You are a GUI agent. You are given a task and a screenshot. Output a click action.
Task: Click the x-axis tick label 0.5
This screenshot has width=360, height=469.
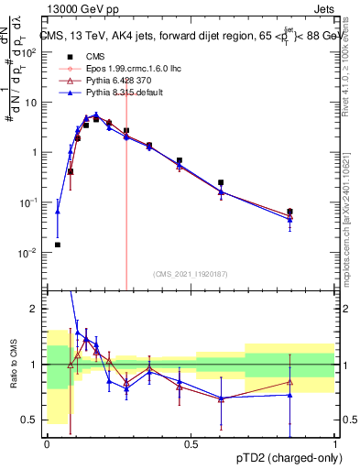pos(191,443)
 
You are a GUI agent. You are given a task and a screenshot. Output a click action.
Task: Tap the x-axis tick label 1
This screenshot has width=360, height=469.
pos(334,443)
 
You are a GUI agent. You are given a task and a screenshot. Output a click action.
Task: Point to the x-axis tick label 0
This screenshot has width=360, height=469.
pos(47,443)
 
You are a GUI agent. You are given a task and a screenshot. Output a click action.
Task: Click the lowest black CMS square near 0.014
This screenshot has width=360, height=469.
pos(58,245)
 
